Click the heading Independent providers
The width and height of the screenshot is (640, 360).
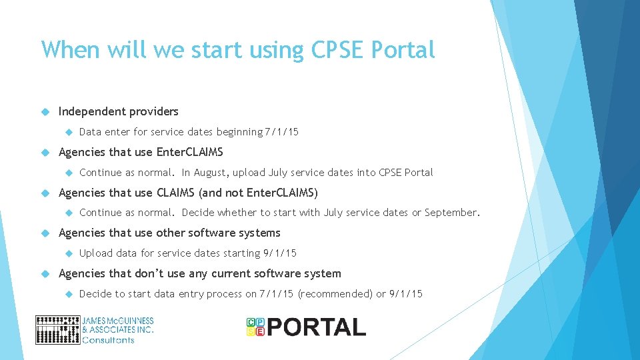[x=119, y=111]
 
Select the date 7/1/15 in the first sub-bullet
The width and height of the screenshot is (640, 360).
[x=281, y=132]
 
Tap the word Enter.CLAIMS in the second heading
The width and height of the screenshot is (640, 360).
[x=189, y=152]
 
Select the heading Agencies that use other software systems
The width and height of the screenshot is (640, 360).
[x=169, y=233]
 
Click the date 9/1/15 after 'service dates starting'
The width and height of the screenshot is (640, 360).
[x=280, y=253]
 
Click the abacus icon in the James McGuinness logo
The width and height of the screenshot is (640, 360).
[x=57, y=330]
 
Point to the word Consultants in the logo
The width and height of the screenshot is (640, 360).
[x=108, y=340]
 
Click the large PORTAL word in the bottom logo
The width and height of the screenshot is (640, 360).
[x=317, y=327]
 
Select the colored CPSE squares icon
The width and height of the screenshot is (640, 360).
[x=255, y=327]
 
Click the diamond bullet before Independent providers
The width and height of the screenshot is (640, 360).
[x=45, y=111]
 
